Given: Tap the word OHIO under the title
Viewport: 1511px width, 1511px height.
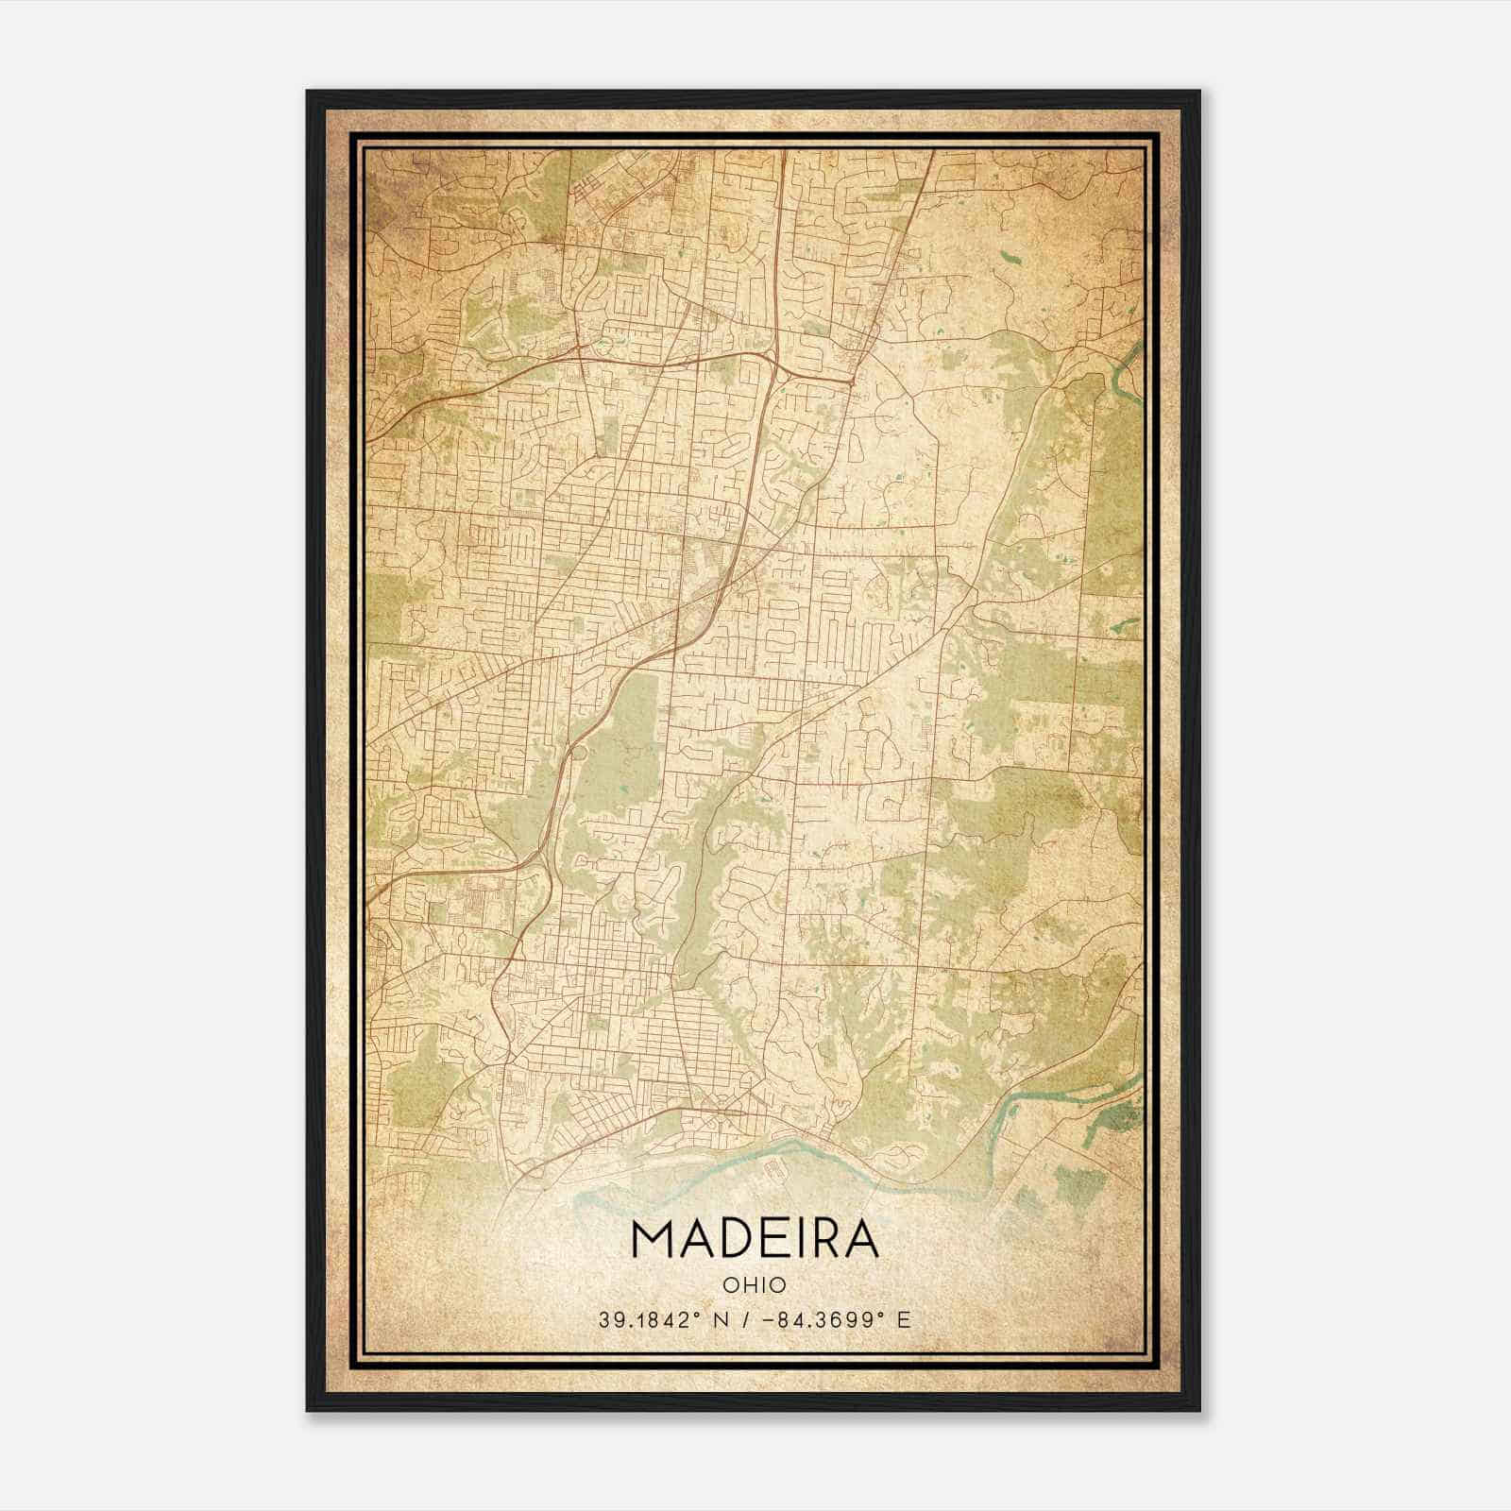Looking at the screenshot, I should point(754,1284).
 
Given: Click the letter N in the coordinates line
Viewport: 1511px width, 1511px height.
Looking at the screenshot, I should point(727,1319).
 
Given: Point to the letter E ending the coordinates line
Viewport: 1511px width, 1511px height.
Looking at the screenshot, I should point(904,1319).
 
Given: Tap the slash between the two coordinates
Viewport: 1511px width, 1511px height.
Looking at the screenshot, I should point(750,1319).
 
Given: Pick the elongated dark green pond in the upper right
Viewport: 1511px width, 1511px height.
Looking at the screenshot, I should point(1011,255).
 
